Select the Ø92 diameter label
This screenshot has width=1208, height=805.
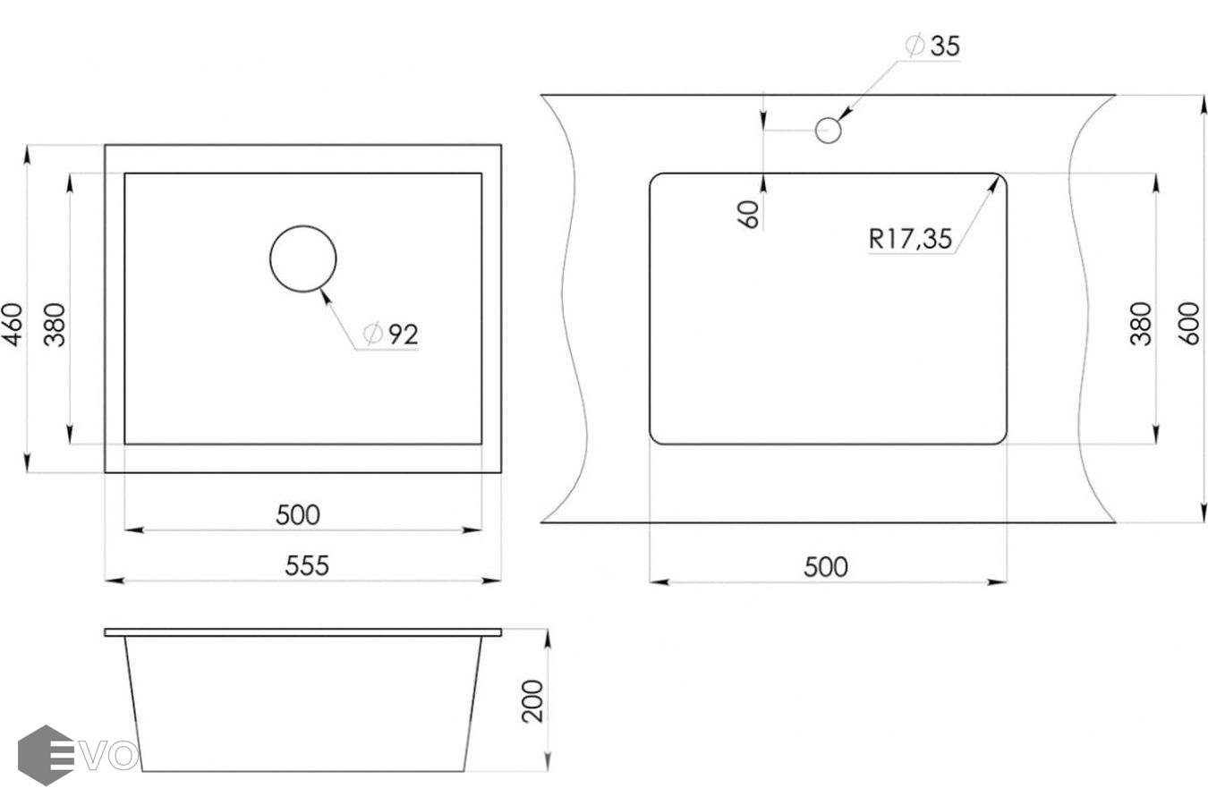[x=390, y=335]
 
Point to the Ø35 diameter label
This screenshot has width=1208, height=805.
[x=932, y=46]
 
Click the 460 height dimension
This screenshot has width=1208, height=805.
[x=13, y=325]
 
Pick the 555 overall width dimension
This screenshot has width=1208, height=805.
[x=307, y=565]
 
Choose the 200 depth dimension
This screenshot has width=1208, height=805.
[x=532, y=701]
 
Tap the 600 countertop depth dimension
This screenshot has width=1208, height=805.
[x=1188, y=324]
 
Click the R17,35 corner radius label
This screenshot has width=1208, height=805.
[x=910, y=238]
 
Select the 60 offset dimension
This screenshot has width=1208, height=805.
[x=748, y=214]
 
